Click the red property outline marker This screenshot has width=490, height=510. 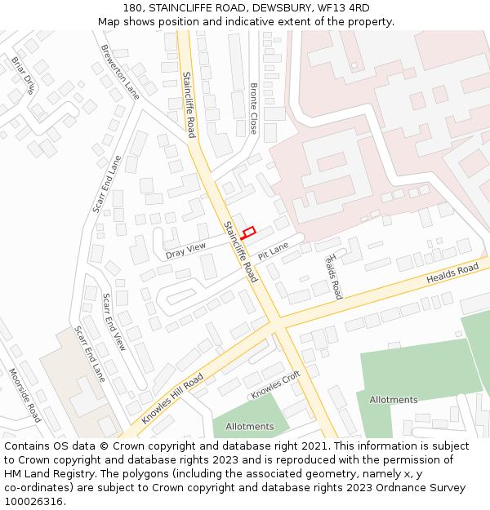pos(249,233)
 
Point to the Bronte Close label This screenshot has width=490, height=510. pos(253,109)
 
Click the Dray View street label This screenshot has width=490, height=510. pos(185,251)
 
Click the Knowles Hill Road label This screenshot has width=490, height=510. pos(172,399)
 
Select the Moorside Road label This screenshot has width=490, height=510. pos(24,394)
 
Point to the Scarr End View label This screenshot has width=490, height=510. pos(114,322)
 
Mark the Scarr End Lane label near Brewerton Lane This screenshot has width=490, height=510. pos(106,184)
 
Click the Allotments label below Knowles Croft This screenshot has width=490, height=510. pos(250,427)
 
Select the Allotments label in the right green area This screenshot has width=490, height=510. pos(394,400)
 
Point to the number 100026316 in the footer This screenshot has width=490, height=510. pos(34,501)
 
